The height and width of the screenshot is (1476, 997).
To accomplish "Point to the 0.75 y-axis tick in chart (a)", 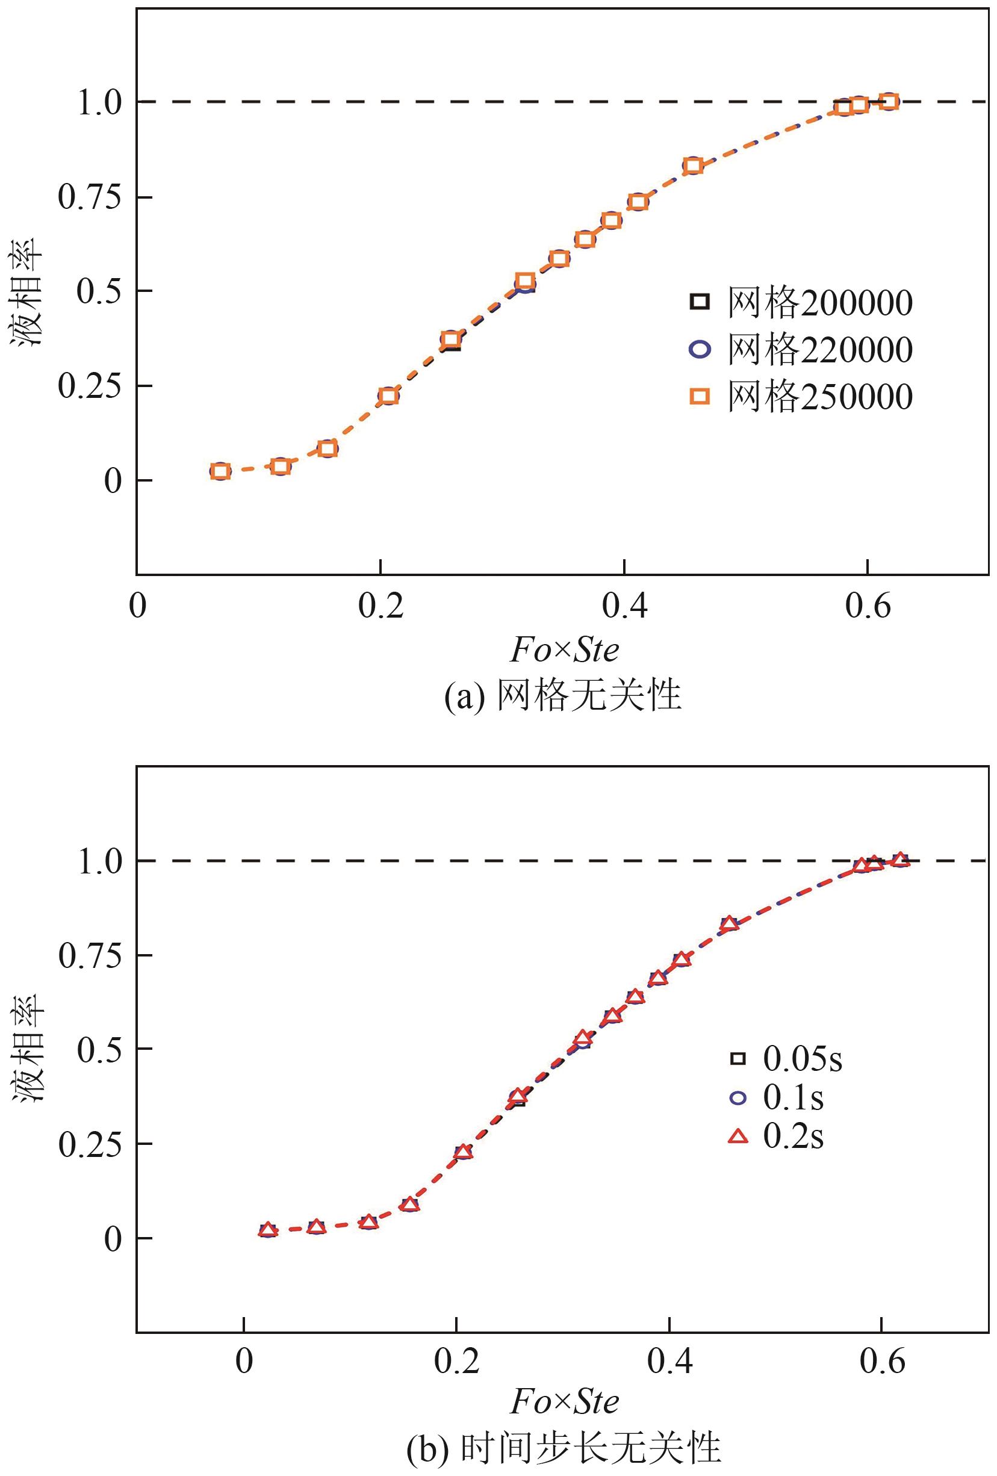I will click(90, 197).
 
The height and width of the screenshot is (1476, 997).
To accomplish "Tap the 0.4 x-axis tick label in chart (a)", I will click(625, 606).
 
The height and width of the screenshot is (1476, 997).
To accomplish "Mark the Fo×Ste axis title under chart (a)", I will click(565, 650).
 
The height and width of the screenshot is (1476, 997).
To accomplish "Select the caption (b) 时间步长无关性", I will click(564, 1449).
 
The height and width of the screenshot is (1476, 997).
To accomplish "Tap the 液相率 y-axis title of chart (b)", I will click(26, 1047).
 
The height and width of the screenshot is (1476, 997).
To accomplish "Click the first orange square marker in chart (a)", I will click(220, 471).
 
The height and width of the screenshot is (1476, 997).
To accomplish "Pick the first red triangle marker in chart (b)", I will click(268, 1230).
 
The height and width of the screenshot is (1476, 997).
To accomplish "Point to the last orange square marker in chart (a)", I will click(889, 102).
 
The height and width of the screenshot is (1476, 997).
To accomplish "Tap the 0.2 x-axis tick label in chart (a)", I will click(380, 606).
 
